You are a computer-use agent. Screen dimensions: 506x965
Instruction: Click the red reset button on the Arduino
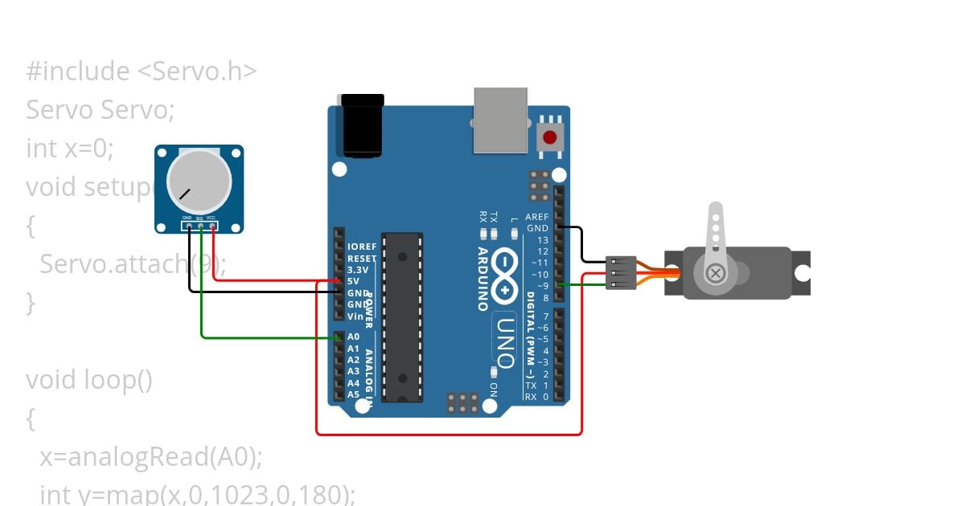tap(550, 137)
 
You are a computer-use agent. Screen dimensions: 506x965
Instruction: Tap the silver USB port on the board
tap(500, 120)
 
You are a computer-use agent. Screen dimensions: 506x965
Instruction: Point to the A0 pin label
tap(354, 337)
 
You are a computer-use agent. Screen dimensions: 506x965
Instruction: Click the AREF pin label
tap(536, 217)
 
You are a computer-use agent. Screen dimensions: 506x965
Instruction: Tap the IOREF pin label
tap(362, 247)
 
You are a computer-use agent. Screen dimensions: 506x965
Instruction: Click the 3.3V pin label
tap(358, 270)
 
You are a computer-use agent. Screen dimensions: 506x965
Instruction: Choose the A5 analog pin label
tap(354, 394)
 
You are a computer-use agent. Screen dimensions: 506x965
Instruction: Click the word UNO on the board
tap(504, 338)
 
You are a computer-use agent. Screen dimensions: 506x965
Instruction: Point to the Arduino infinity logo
tap(504, 275)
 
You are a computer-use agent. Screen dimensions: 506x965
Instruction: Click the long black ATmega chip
tap(401, 317)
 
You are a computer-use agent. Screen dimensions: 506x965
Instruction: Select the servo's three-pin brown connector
tap(621, 273)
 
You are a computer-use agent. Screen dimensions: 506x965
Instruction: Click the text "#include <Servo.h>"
tap(142, 71)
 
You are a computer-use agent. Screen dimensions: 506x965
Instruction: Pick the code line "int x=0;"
tap(70, 149)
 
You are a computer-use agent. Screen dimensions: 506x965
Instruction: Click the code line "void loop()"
tap(88, 379)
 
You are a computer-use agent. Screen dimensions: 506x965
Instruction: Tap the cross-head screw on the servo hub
tap(714, 274)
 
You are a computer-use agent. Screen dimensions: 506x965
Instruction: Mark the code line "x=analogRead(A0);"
tap(151, 457)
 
